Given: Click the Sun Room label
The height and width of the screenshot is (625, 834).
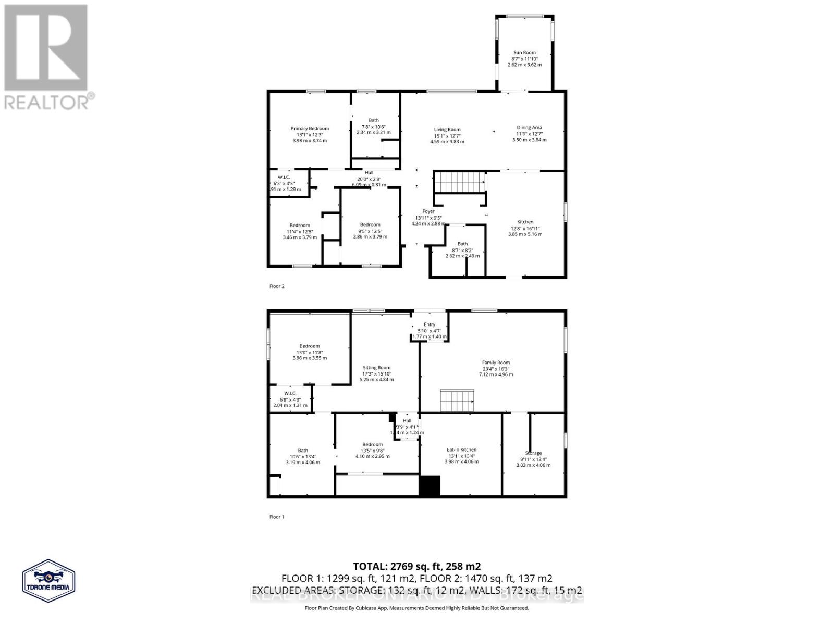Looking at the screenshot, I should coord(524,53).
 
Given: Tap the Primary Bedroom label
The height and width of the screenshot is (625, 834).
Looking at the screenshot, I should coord(310,129).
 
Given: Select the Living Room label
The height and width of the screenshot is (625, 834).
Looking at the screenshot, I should coord(447,130).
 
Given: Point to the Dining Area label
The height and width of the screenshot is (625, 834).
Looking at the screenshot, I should coord(529,128).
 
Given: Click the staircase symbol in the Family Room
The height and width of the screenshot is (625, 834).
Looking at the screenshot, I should coord(457,401).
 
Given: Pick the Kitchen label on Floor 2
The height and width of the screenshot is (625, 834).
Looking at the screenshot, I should coord(525,222).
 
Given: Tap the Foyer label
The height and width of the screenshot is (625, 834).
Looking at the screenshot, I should coord(428,211).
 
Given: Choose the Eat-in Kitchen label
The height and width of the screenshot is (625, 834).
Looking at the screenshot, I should coord(461,449).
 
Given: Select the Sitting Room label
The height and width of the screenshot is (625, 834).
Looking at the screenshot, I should coord(377,368).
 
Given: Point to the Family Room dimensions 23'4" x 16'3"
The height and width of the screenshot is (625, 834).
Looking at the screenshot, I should coord(496,369).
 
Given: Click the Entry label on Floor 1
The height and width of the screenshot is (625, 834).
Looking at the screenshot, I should coord(430,324).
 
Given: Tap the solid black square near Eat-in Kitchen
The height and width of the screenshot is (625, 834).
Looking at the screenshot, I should coord(430,485).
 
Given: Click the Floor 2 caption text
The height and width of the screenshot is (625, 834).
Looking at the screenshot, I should coord(277,286).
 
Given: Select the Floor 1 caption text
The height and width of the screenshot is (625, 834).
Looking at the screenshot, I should coord(277,517).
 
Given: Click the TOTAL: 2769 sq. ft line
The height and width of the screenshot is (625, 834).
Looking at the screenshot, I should coord(416,566).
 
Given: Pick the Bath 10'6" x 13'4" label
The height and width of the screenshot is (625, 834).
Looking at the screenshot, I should coord(303,451).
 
